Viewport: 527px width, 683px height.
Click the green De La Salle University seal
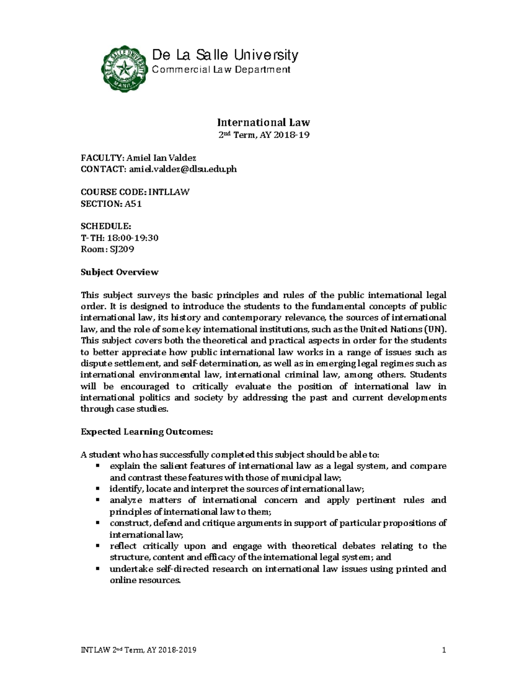tap(126, 67)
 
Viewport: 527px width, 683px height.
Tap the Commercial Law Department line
tap(221, 69)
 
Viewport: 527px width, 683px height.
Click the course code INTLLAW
tap(169, 192)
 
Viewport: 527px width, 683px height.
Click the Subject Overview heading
tap(119, 272)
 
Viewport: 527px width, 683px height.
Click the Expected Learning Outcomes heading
tap(147, 432)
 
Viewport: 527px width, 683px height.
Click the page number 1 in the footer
tap(444, 650)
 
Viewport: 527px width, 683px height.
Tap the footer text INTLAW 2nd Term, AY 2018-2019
tap(139, 650)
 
